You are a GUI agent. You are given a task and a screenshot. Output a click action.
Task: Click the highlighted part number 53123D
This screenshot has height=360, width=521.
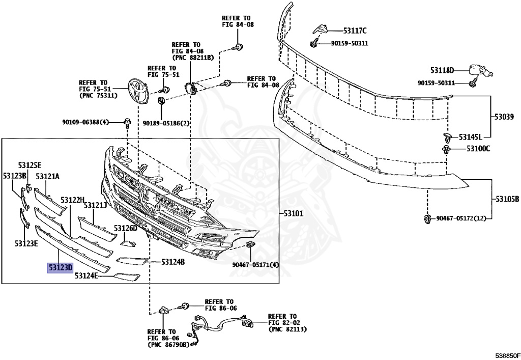tap(61, 267)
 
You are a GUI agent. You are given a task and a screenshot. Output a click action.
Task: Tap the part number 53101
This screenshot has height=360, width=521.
tap(293, 214)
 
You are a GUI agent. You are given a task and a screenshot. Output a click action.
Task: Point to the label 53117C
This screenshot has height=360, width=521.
tap(355, 31)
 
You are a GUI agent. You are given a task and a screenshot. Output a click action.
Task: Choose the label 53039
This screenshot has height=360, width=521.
tap(504, 117)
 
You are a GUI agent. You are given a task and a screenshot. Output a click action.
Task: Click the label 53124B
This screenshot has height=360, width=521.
tap(173, 262)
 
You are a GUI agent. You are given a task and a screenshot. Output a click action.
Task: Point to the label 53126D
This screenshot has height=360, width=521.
tap(126, 228)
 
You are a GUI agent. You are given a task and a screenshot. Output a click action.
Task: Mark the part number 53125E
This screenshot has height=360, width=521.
tap(30, 165)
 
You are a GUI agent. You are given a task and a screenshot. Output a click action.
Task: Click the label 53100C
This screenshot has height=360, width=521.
tap(478, 149)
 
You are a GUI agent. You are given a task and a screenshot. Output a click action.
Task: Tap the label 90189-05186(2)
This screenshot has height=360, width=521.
tap(166, 123)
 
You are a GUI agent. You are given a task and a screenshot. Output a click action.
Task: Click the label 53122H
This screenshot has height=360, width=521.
tap(72, 200)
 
